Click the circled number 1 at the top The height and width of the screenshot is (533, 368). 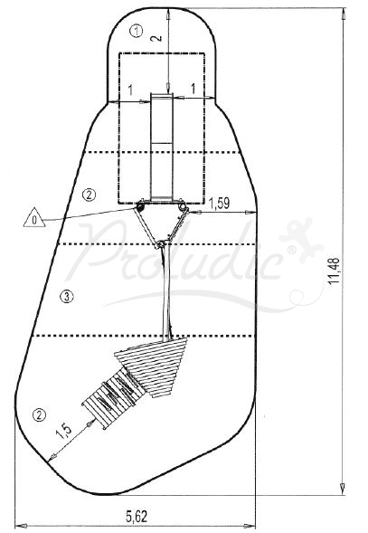(x=136, y=31)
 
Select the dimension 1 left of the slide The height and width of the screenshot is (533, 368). (x=131, y=90)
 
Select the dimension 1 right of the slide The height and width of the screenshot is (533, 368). (x=193, y=90)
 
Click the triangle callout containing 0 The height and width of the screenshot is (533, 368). (x=34, y=219)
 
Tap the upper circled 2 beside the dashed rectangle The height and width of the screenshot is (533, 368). (x=88, y=194)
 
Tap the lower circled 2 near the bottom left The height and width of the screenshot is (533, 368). (x=38, y=415)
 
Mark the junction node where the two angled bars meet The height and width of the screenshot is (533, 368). (x=161, y=244)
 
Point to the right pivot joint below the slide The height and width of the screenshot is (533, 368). (x=184, y=209)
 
